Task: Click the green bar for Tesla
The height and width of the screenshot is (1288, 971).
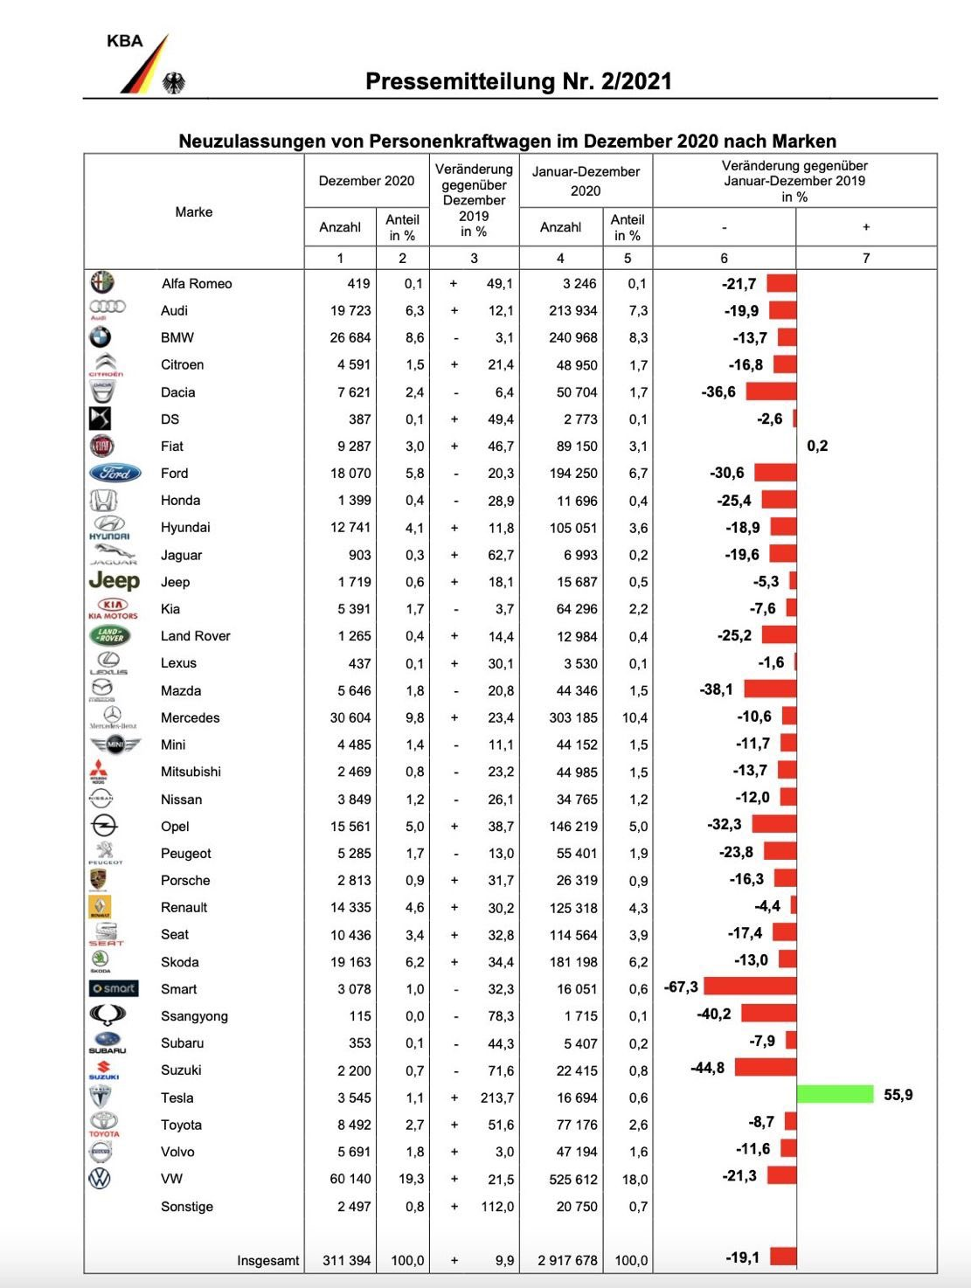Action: [x=835, y=1094]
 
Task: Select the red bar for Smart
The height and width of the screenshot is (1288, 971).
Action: [x=750, y=987]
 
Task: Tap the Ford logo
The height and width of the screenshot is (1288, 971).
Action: [x=114, y=473]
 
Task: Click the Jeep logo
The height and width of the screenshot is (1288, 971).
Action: [x=114, y=581]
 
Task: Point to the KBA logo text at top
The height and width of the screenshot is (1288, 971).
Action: [x=124, y=41]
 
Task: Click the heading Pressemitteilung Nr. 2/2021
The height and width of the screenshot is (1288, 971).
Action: [x=518, y=81]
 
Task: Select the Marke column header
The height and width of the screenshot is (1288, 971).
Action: [x=193, y=211]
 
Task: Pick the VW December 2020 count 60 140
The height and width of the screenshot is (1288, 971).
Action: [x=350, y=1179]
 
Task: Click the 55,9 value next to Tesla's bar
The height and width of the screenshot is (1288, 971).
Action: [x=898, y=1095]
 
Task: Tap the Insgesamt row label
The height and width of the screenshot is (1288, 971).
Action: [x=267, y=1260]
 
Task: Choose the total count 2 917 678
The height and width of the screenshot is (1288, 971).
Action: [x=567, y=1260]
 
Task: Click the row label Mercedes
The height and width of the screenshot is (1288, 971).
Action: [x=190, y=717]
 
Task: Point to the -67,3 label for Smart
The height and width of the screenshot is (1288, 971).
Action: [x=681, y=987]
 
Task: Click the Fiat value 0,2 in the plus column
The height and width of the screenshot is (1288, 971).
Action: [x=817, y=446]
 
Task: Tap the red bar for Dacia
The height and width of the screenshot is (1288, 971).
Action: [x=771, y=391]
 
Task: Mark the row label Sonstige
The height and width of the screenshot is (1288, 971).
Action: [x=186, y=1206]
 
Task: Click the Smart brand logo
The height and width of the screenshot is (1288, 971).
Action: [x=114, y=988]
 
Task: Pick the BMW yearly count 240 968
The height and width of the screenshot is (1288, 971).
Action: [x=572, y=337]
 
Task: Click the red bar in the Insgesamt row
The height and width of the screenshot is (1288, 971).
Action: [x=783, y=1257]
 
